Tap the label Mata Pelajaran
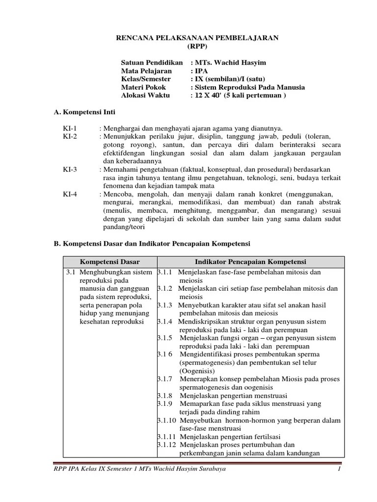coord(146,71)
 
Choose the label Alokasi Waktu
coord(145,96)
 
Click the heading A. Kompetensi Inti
coord(84,112)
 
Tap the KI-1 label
coord(70,128)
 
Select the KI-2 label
coord(70,137)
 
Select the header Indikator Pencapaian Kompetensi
coord(250,262)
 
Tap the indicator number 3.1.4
coord(165,321)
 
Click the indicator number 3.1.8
coord(165,396)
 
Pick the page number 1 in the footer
coord(339,469)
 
